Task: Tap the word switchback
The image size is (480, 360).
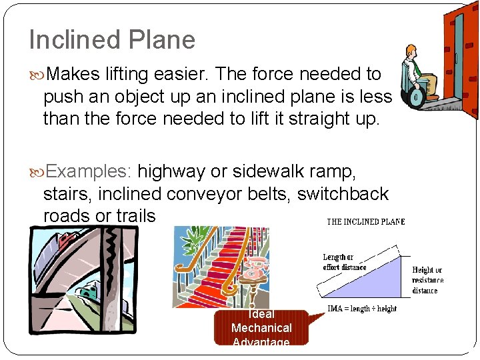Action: [343, 194]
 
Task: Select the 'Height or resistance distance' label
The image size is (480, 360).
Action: [427, 280]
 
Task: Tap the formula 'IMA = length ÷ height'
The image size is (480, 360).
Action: [361, 309]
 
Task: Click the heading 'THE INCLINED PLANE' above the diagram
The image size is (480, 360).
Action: [365, 222]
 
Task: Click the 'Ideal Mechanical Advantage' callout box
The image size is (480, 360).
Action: [261, 328]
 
